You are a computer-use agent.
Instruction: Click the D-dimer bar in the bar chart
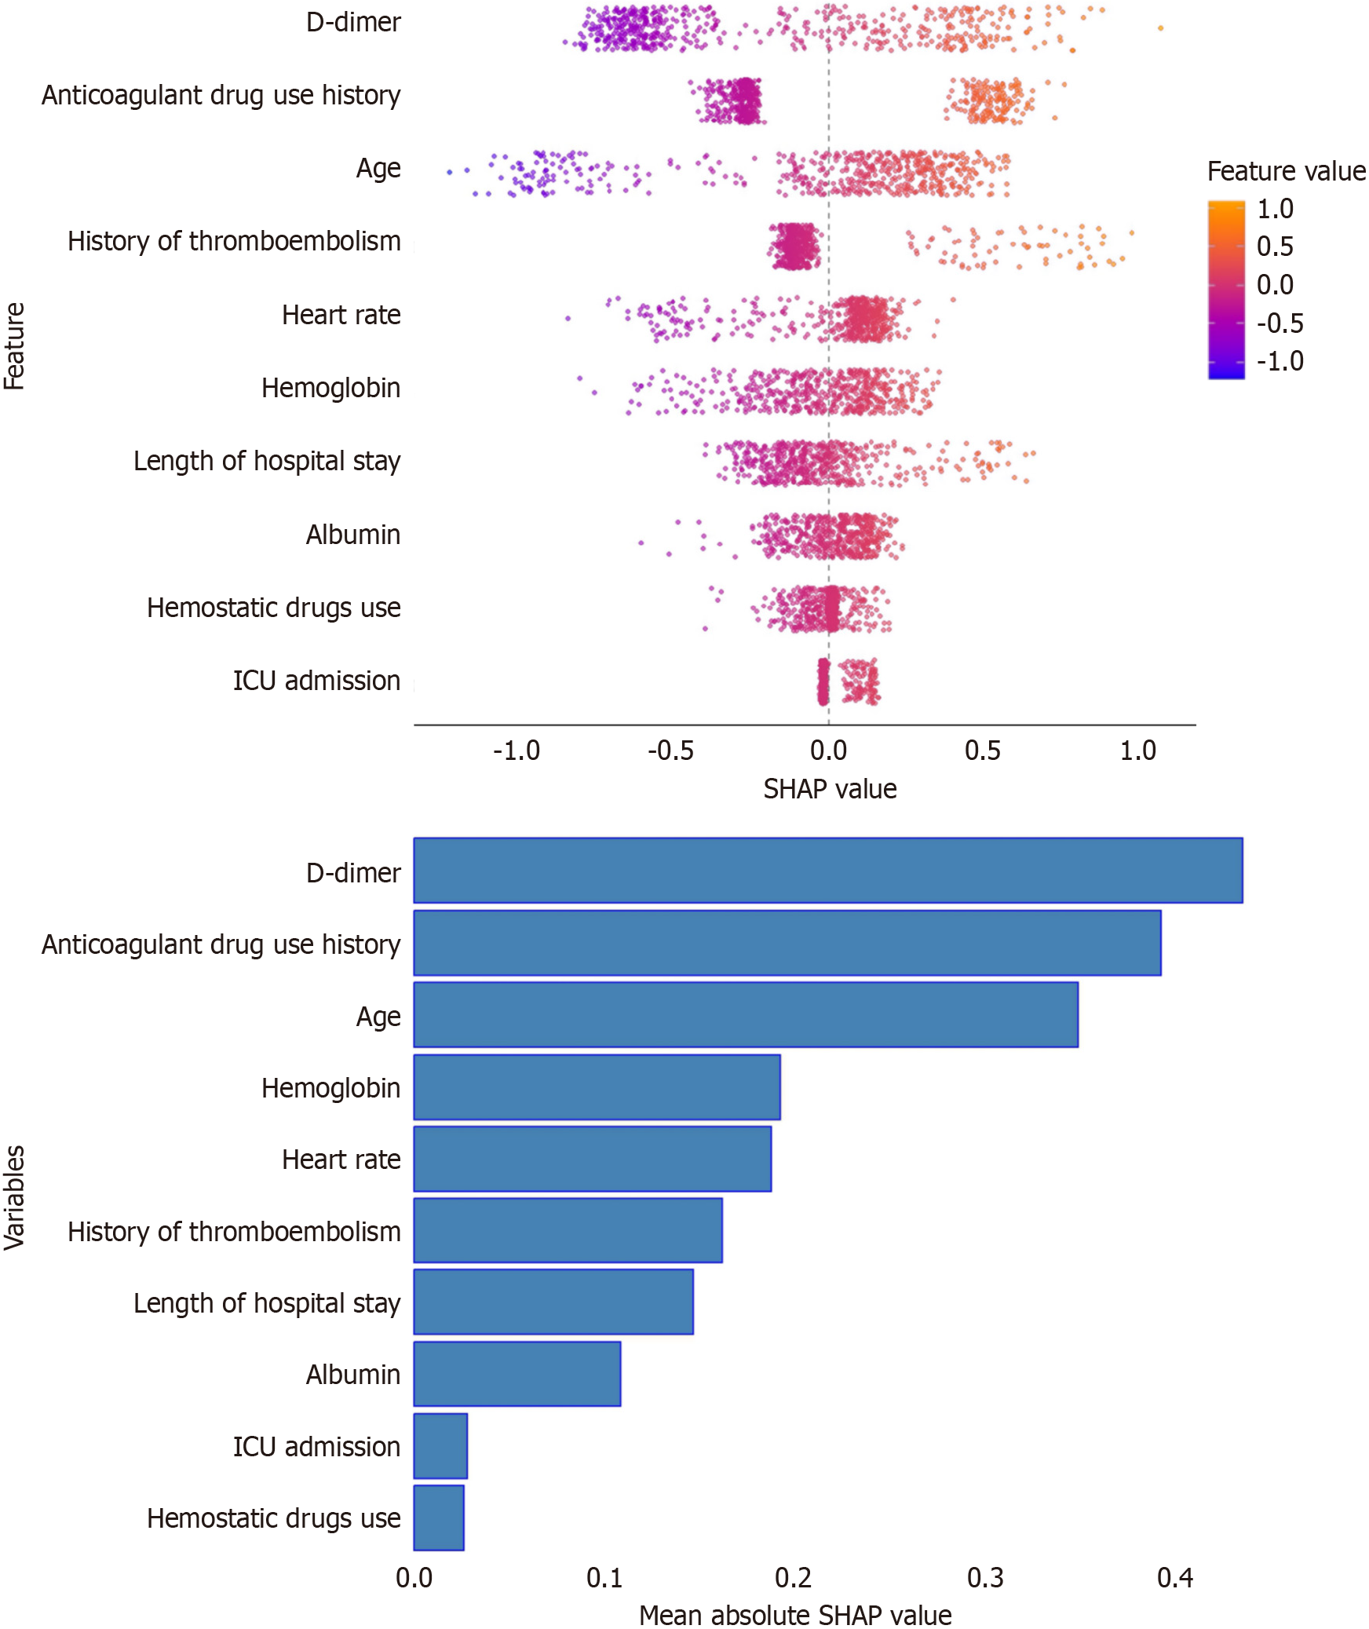pos(827,870)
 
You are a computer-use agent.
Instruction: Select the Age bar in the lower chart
pos(745,1014)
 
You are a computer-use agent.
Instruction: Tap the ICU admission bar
pos(440,1445)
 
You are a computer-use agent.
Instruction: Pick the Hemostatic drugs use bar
pos(439,1518)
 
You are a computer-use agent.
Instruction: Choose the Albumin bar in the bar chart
pos(517,1373)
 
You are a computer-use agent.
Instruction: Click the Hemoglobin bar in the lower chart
pos(597,1087)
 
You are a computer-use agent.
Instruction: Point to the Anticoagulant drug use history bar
pos(787,942)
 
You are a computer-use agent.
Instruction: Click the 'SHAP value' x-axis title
pos(830,789)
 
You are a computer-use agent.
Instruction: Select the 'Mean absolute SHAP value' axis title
pos(794,1615)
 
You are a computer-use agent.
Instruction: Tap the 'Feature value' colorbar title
pos(1286,171)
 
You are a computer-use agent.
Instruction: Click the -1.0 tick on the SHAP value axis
pos(517,751)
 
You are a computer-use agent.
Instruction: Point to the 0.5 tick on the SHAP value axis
pos(983,751)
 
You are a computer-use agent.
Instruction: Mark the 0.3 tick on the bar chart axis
pos(985,1577)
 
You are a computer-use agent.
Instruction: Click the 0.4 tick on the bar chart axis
pos(1175,1577)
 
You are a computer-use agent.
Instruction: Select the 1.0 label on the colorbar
pos(1275,209)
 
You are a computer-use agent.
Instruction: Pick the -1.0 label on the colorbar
pos(1280,361)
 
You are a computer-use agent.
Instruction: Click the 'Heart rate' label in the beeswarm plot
pos(341,315)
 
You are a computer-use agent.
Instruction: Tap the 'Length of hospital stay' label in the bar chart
pos(266,1302)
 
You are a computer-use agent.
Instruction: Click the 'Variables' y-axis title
pos(15,1196)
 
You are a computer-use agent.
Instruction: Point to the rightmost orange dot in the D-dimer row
pos(1160,28)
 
